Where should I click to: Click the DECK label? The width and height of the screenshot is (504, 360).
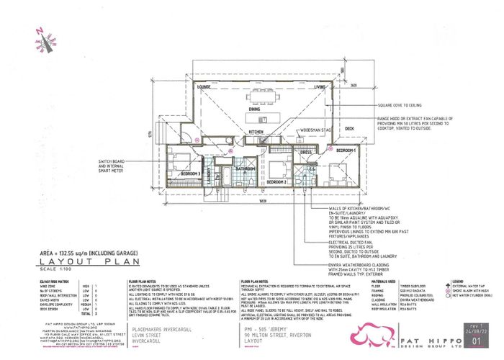pyautogui.click(x=350, y=129)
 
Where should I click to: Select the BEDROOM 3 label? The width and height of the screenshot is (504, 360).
pyautogui.click(x=191, y=174)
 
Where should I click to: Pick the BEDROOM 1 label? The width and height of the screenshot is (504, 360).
pyautogui.click(x=346, y=150)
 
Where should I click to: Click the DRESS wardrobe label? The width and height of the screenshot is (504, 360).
pyautogui.click(x=305, y=153)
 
